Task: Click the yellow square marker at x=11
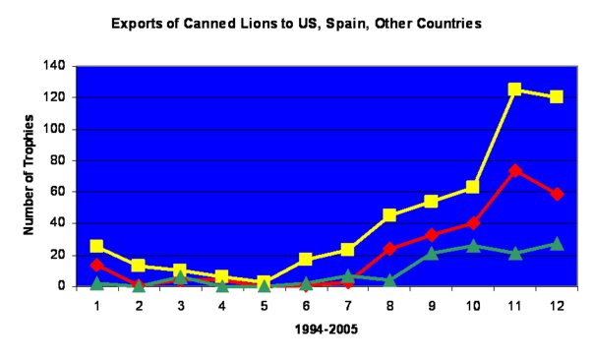click(x=514, y=90)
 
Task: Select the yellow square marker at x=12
click(x=557, y=97)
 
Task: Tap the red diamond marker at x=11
click(x=514, y=170)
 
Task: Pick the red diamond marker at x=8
click(x=389, y=249)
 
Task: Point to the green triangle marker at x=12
click(x=557, y=244)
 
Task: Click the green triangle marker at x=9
click(x=431, y=254)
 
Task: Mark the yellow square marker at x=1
click(x=97, y=246)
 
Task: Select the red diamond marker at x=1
click(x=97, y=265)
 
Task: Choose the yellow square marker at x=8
click(x=389, y=215)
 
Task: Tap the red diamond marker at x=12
click(x=557, y=194)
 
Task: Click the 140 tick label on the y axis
click(x=55, y=66)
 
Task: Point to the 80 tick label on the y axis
click(x=58, y=160)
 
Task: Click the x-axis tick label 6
click(x=306, y=305)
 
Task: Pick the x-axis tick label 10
click(x=473, y=305)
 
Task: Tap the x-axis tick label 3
click(x=181, y=305)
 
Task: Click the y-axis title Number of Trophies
click(x=30, y=174)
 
